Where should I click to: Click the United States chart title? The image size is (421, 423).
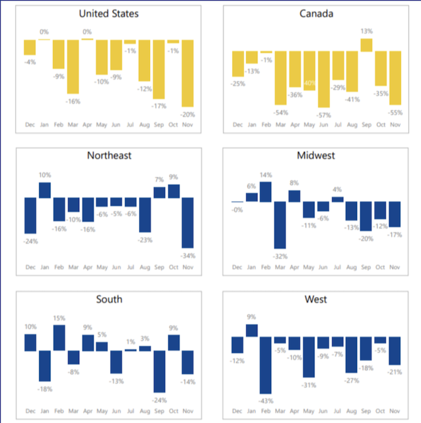(x=109, y=14)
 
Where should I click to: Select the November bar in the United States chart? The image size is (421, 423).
(x=187, y=73)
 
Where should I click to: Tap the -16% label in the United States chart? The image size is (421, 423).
(x=73, y=101)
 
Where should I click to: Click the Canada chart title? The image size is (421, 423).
(x=316, y=13)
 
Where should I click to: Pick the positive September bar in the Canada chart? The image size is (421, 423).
(x=366, y=45)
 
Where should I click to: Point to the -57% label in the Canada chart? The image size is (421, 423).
(x=324, y=115)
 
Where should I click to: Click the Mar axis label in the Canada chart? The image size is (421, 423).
(x=281, y=125)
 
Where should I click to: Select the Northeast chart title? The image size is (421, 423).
(x=109, y=156)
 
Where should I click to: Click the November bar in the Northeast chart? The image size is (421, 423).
(x=187, y=222)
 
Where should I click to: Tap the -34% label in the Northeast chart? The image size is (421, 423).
(x=187, y=256)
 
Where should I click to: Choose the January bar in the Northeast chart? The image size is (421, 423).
(x=45, y=190)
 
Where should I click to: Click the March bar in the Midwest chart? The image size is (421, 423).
(x=280, y=225)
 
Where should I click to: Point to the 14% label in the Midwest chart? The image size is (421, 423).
(x=266, y=175)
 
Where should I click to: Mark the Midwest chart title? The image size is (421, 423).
(x=316, y=156)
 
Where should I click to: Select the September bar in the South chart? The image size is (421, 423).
(x=159, y=372)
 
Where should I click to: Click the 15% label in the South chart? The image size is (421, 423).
(x=59, y=318)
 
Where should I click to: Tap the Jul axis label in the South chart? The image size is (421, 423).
(x=131, y=411)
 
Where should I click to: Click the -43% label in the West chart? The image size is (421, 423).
(x=266, y=401)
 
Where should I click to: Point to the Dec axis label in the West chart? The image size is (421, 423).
(x=237, y=411)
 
